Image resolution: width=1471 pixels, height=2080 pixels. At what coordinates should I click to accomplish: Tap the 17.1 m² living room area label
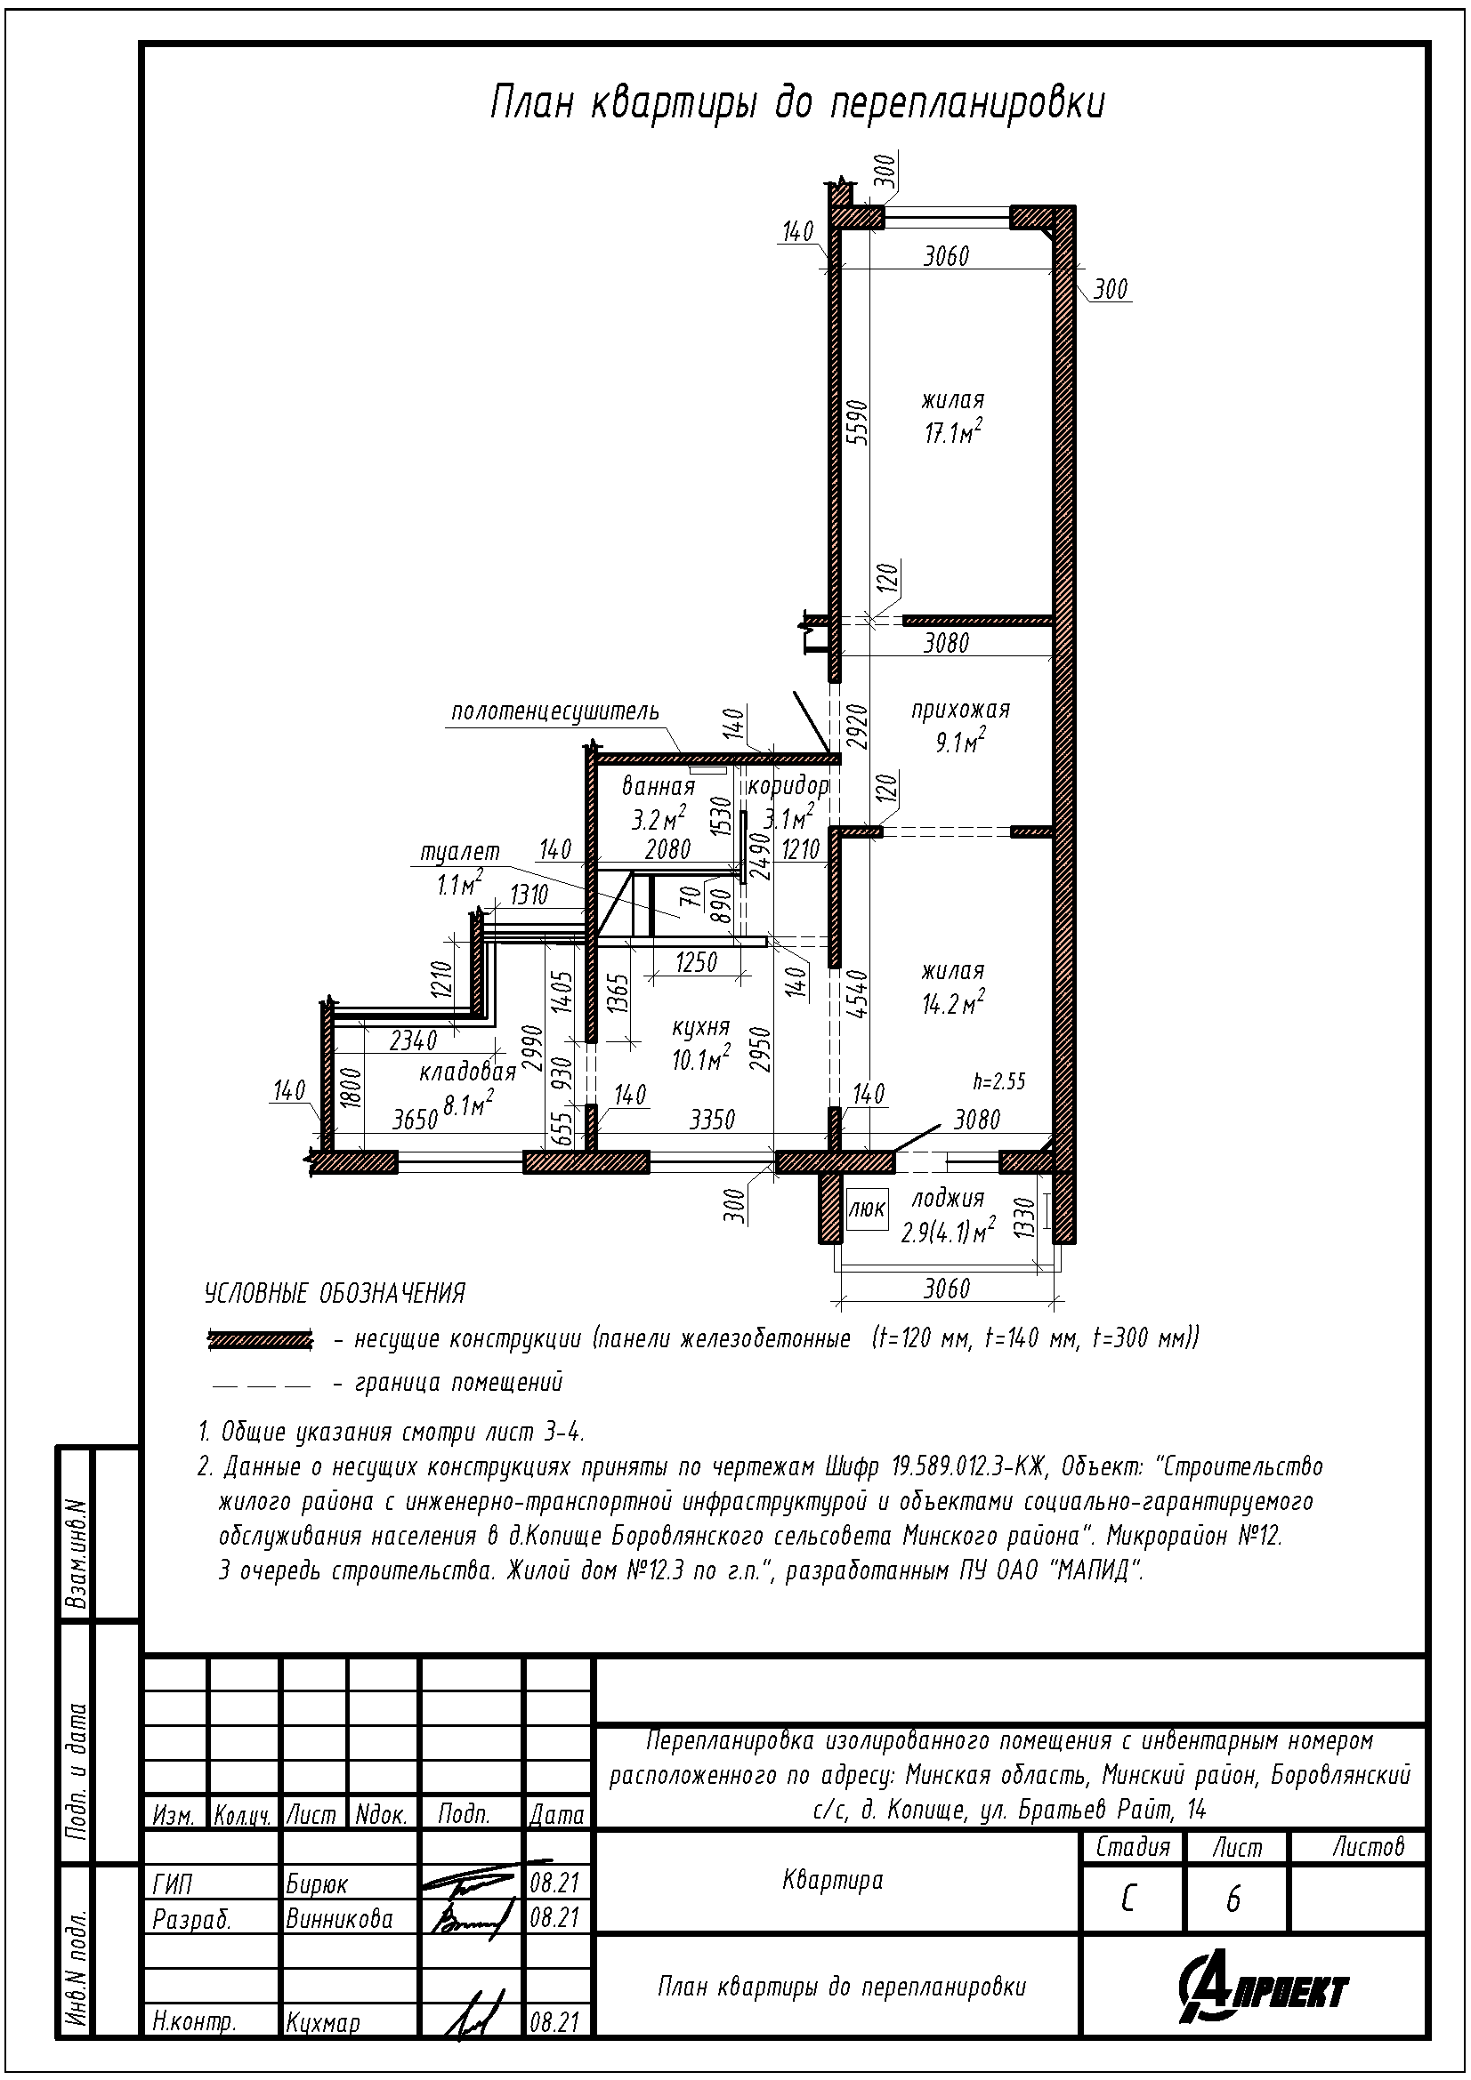click(x=953, y=431)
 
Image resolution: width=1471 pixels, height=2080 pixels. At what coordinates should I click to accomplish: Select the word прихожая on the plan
click(x=961, y=711)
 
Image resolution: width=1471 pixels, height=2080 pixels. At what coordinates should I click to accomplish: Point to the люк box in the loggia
click(x=868, y=1209)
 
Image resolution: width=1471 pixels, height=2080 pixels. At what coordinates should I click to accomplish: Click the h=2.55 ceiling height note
click(x=998, y=1080)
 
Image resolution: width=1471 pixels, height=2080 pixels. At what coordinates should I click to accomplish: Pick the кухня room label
click(x=700, y=1027)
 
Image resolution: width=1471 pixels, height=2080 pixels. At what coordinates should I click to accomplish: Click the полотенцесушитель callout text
click(x=555, y=711)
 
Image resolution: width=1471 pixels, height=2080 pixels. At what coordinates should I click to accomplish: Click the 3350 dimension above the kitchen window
click(x=713, y=1120)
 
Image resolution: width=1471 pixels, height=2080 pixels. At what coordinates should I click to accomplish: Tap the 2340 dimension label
click(x=412, y=1041)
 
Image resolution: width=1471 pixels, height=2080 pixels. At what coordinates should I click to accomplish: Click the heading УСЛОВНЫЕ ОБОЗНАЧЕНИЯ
click(x=335, y=1294)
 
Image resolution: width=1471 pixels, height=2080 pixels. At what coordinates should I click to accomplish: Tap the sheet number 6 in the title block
click(x=1233, y=1899)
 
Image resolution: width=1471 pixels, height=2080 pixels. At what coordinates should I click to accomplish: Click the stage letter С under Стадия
click(x=1128, y=1899)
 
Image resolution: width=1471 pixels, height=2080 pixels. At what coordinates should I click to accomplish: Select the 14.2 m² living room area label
click(x=953, y=1003)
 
